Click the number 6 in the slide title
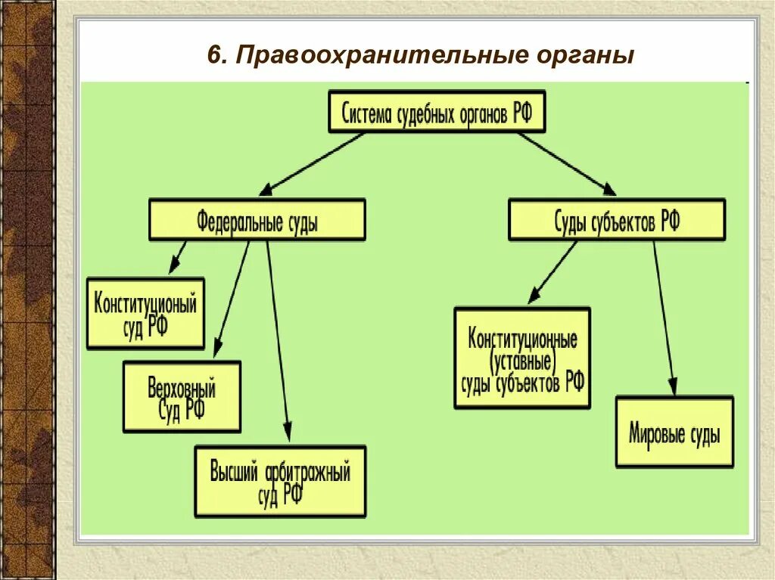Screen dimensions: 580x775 [x=215, y=55]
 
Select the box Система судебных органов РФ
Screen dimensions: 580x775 [x=437, y=113]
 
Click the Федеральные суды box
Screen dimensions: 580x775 [x=257, y=220]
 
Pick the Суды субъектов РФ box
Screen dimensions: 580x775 [x=616, y=220]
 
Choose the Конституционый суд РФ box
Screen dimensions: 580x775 [x=145, y=313]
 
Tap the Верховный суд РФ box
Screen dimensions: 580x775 [x=182, y=396]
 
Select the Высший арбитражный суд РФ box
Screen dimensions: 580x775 [x=280, y=481]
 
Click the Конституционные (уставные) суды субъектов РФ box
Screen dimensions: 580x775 [x=522, y=358]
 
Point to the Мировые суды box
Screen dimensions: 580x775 [x=674, y=431]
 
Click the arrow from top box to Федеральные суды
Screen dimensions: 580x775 [x=313, y=163]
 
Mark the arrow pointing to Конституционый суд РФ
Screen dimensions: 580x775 [x=177, y=257]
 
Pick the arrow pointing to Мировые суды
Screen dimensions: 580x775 [x=664, y=318]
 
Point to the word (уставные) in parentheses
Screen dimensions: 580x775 [x=522, y=360]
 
